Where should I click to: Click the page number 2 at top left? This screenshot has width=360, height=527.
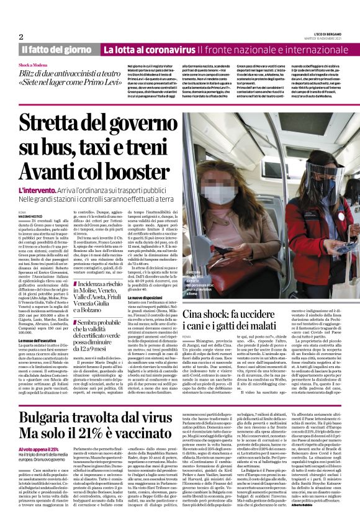click(21, 36)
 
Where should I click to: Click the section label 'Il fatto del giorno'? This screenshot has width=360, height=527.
click(58, 50)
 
